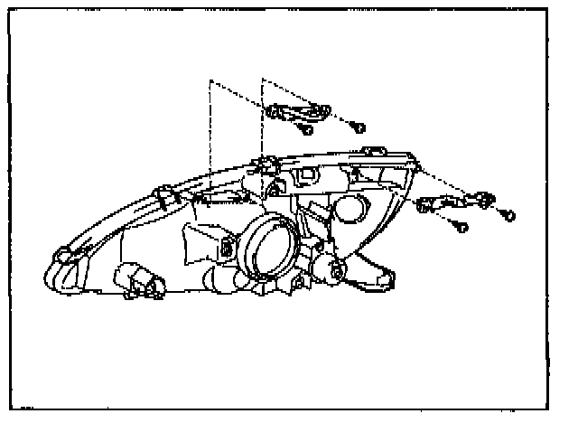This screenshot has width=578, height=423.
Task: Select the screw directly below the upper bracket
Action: point(306,130)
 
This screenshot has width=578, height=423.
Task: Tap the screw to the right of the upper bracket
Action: point(359,127)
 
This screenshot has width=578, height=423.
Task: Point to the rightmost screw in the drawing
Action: point(508,216)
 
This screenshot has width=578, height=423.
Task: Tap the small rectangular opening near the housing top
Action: point(305,174)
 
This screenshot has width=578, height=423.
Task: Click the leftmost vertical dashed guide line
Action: point(210,136)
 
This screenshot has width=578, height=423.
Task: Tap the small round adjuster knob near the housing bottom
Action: point(336,269)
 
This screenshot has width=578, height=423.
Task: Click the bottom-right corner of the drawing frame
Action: point(549,408)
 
